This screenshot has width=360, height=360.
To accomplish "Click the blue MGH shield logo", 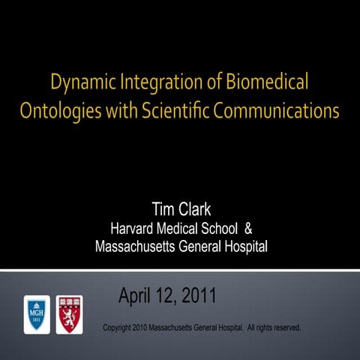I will pos(36,314).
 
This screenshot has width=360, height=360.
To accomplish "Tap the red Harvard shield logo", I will pos(70,314).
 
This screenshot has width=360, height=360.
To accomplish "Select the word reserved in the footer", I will pos(286,328).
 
